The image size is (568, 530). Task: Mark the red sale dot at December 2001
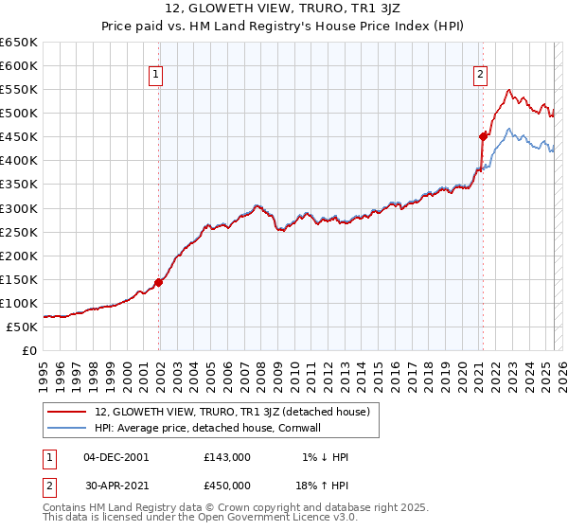tap(159, 282)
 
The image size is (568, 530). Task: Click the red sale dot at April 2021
tap(483, 136)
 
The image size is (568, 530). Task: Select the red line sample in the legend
tap(68, 411)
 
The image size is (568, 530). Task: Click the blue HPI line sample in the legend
tap(68, 427)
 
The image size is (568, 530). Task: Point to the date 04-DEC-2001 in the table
tap(116, 457)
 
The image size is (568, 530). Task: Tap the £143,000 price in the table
tap(227, 457)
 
